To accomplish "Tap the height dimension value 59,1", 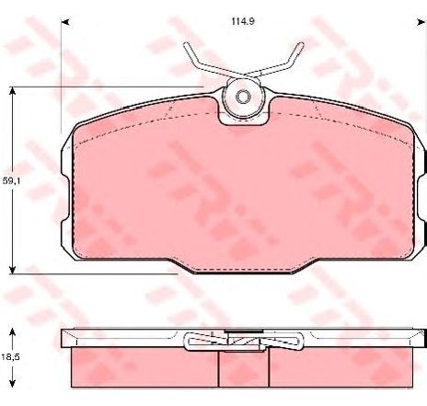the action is [11, 181].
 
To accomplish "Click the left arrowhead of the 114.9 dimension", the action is [65, 22].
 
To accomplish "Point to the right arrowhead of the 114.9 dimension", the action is [420, 22].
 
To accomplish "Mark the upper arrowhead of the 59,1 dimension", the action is [12, 91].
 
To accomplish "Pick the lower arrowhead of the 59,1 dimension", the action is [12, 270].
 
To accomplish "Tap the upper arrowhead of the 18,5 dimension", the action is [12, 332].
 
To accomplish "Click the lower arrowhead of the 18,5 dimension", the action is [12, 383].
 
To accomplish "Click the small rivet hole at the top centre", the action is [243, 97].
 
